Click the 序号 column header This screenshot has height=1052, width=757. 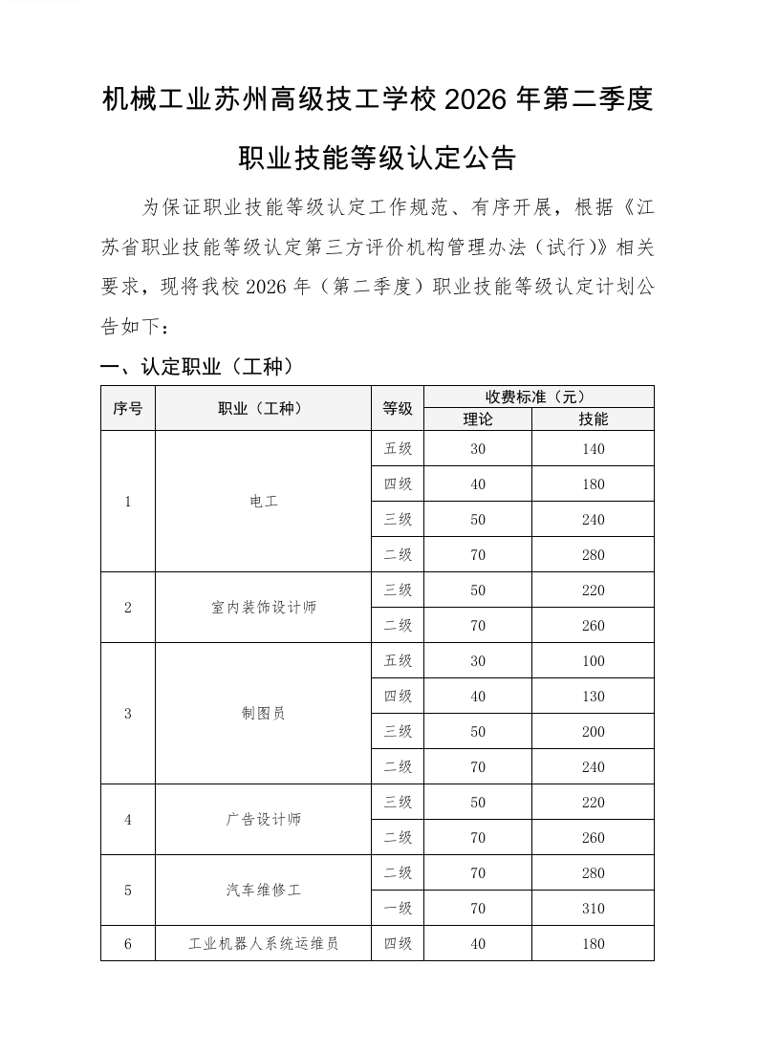127,408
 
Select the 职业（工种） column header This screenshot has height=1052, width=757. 263,408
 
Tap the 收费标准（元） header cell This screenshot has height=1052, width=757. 538,397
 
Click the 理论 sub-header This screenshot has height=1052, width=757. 478,419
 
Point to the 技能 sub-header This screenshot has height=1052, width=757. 593,419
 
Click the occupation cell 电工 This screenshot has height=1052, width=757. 263,502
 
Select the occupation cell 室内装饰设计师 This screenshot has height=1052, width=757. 263,608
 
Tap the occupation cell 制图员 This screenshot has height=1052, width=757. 263,714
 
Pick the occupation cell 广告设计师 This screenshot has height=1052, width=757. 263,820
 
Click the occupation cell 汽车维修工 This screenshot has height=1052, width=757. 263,891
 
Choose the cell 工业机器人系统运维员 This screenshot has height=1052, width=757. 263,944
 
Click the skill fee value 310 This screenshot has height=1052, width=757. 593,909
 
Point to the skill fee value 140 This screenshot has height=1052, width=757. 593,449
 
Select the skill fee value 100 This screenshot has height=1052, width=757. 593,661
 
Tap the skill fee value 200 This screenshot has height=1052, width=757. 593,732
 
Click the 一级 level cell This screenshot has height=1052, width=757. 398,909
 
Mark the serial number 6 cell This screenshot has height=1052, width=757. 127,944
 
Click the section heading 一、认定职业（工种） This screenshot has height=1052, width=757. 196,366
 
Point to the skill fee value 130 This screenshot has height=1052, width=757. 593,697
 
